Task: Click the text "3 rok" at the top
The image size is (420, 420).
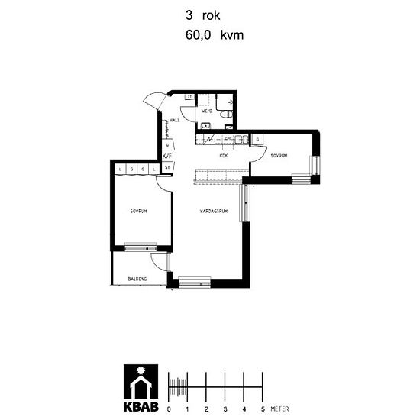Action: pyautogui.click(x=202, y=14)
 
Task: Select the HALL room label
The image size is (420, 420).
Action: pyautogui.click(x=175, y=120)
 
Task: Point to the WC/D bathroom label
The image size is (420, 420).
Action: pyautogui.click(x=207, y=111)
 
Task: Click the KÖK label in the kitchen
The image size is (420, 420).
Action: pyautogui.click(x=225, y=156)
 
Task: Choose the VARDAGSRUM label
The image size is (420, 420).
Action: pyautogui.click(x=215, y=211)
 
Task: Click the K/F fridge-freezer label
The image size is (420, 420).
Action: pyautogui.click(x=167, y=156)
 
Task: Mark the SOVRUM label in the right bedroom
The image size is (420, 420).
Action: pyautogui.click(x=279, y=156)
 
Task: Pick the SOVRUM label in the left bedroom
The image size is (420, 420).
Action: pyautogui.click(x=138, y=211)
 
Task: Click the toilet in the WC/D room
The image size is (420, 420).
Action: pyautogui.click(x=228, y=113)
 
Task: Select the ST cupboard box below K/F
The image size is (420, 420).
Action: pyautogui.click(x=167, y=168)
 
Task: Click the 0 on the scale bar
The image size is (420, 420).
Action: pyautogui.click(x=169, y=410)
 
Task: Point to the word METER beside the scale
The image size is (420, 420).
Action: pyautogui.click(x=279, y=410)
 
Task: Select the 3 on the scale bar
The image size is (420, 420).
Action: pyautogui.click(x=226, y=410)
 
